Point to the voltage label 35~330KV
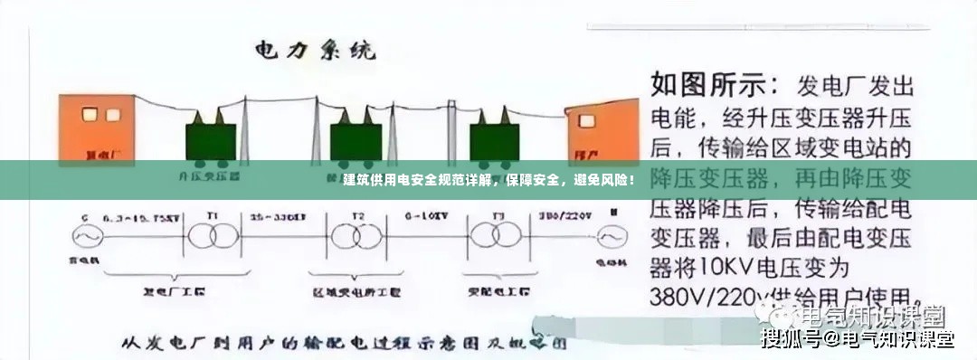[x=278, y=218]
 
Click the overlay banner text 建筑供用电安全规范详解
[x=419, y=180]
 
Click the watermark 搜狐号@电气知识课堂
[x=858, y=340]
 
